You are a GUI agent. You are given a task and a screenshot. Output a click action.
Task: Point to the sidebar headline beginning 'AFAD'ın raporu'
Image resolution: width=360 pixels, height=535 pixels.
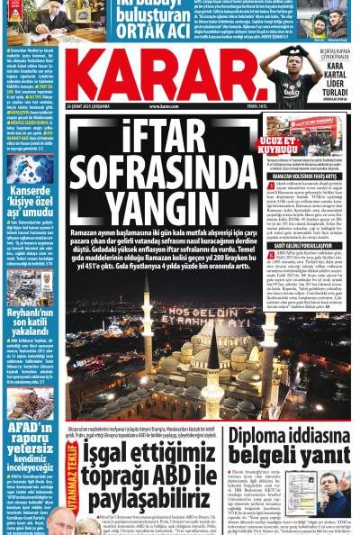(31, 435)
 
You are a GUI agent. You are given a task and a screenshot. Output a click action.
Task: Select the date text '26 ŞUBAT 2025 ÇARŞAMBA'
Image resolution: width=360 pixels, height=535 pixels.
(94, 105)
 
